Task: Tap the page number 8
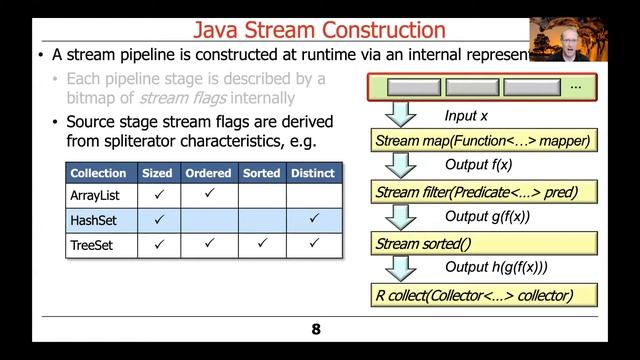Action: click(x=316, y=328)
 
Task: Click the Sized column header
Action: click(x=157, y=173)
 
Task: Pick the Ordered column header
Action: click(x=208, y=173)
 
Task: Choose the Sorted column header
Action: click(x=262, y=173)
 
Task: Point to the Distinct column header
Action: click(x=313, y=173)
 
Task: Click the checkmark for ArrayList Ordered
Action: click(x=208, y=195)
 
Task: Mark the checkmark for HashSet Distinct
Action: click(x=313, y=218)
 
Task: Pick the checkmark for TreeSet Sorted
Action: click(x=262, y=242)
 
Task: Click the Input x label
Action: click(x=466, y=115)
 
